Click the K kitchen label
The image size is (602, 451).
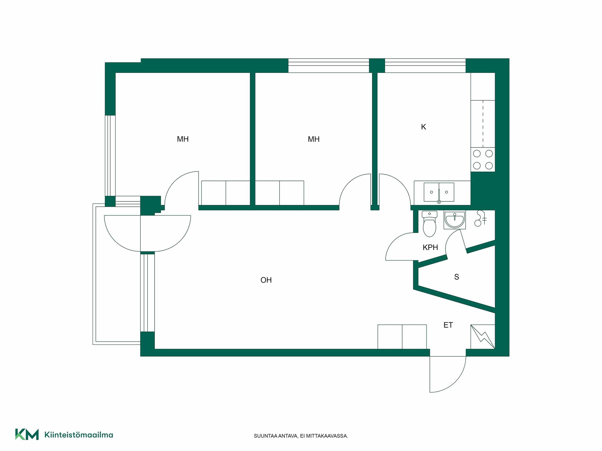click(424, 127)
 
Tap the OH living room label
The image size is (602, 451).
click(266, 280)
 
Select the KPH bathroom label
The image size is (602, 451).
click(430, 247)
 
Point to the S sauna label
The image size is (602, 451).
click(457, 277)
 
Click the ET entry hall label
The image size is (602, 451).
click(448, 325)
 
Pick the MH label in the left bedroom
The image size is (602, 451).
click(183, 139)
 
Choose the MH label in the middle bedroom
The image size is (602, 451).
click(314, 139)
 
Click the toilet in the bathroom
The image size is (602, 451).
click(429, 224)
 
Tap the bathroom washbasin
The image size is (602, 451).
click(454, 220)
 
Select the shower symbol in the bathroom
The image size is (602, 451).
click(480, 218)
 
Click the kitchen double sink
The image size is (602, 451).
click(439, 192)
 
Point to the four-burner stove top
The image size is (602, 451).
click(483, 160)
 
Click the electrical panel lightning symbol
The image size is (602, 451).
click(483, 337)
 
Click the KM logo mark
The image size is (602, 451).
click(27, 434)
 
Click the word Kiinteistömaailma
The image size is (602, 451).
click(79, 435)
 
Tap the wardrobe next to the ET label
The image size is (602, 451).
click(402, 337)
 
